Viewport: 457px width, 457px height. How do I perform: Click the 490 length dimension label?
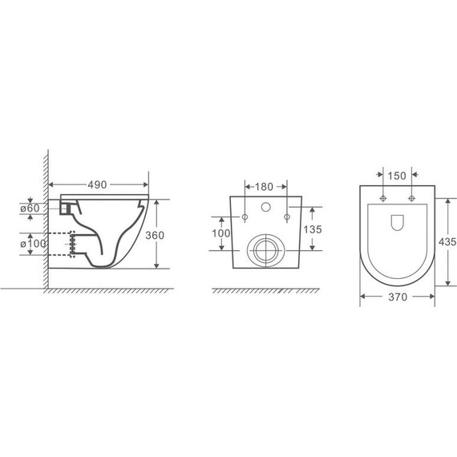pyautogui.click(x=97, y=184)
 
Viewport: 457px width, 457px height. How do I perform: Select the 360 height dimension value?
pyautogui.click(x=155, y=235)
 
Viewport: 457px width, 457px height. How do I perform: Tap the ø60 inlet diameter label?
pyautogui.click(x=30, y=208)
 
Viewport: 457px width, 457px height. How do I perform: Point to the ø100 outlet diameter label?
pyautogui.click(x=33, y=244)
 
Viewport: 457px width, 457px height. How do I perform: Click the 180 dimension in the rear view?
pyautogui.click(x=264, y=187)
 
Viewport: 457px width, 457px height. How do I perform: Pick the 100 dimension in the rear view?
pyautogui.click(x=221, y=233)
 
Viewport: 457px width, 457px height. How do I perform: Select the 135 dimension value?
pyautogui.click(x=313, y=229)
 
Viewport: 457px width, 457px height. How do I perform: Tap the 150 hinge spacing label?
pyautogui.click(x=397, y=176)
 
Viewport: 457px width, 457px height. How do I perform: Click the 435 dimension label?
pyautogui.click(x=447, y=241)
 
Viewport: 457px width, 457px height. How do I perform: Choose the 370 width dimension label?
pyautogui.click(x=398, y=297)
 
